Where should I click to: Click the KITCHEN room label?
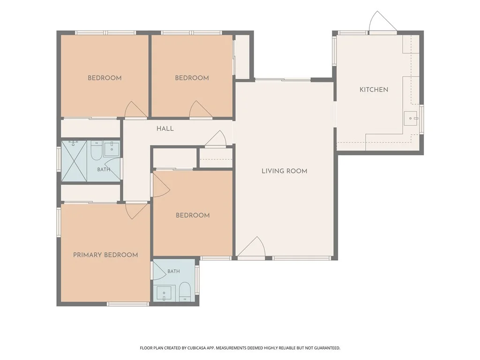click(374, 90)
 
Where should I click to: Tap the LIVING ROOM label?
click(285, 171)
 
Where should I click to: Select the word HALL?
click(165, 128)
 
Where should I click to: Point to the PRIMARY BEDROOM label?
click(105, 255)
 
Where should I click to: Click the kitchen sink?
click(411, 119)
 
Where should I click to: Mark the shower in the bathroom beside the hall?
click(75, 161)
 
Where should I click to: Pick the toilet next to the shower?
click(96, 150)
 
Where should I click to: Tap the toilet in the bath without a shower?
click(185, 292)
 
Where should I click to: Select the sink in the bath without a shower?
click(165, 293)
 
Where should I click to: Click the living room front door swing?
click(251, 247)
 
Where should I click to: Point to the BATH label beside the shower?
click(104, 170)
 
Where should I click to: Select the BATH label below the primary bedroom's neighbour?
click(173, 271)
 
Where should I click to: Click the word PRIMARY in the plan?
click(88, 255)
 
